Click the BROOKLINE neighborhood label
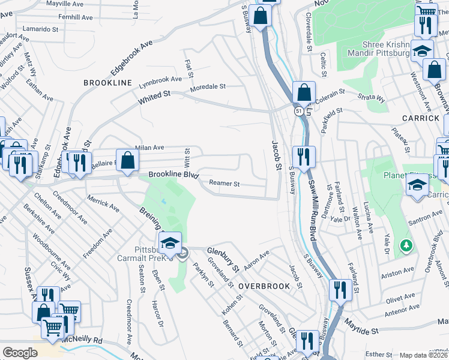pyautogui.click(x=107, y=82)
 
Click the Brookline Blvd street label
pyautogui.click(x=173, y=175)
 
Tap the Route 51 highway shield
pyautogui.click(x=298, y=111)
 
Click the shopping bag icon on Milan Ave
pyautogui.click(x=128, y=160)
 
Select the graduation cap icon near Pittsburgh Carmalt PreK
pyautogui.click(x=170, y=243)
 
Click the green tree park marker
pyautogui.click(x=406, y=245)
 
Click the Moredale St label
pyautogui.click(x=208, y=87)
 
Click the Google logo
pyautogui.click(x=20, y=353)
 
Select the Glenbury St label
pyautogui.click(x=223, y=258)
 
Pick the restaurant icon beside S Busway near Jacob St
pyautogui.click(x=304, y=157)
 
